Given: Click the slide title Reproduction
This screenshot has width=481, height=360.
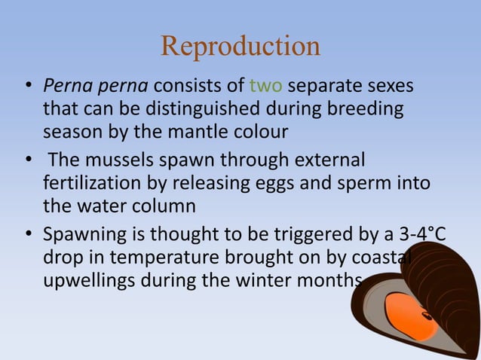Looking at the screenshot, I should [x=240, y=47].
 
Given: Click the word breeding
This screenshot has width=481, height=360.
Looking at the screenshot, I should [x=364, y=111].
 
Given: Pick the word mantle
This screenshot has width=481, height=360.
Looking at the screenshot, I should [x=204, y=133].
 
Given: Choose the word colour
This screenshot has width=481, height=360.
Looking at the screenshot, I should [x=261, y=133].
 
